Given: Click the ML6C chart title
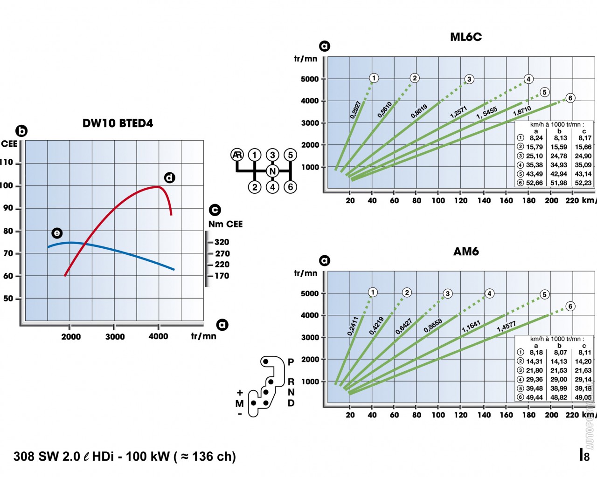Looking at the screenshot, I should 465,37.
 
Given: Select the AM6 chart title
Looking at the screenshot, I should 466,252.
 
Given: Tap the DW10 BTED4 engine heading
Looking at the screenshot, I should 118,123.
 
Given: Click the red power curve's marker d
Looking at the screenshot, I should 169,177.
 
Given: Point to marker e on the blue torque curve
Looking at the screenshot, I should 56,233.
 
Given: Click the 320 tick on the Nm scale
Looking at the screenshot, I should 222,242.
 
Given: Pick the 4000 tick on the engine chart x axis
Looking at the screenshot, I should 158,336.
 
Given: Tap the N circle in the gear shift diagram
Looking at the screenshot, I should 272,171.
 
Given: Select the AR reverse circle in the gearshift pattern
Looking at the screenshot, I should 237,155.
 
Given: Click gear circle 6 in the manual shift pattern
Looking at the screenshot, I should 290,187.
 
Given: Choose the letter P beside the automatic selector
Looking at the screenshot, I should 291,362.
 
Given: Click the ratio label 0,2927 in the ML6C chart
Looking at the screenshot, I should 355,109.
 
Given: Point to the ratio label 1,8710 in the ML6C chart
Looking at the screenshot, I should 522,111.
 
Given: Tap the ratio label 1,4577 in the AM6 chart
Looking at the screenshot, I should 506,326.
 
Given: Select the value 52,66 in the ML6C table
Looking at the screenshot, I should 535,183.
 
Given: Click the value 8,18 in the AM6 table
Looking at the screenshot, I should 536,353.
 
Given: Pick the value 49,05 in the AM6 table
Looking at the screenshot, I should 583,397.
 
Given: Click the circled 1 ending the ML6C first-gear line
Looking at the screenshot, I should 374,78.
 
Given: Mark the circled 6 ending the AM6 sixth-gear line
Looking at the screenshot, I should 570,306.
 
